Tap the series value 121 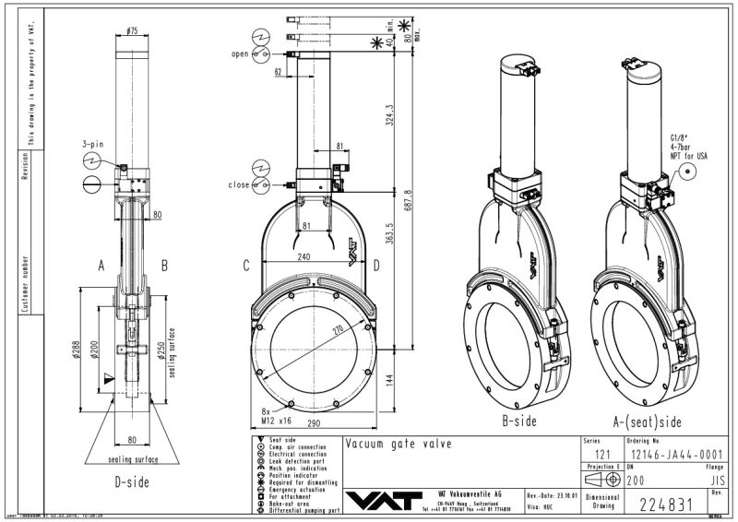[x=601, y=455]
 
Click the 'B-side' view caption [x=519, y=421]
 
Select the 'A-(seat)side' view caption [x=649, y=421]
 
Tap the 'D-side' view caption [x=132, y=481]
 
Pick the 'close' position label [x=238, y=184]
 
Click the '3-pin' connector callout [x=92, y=145]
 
